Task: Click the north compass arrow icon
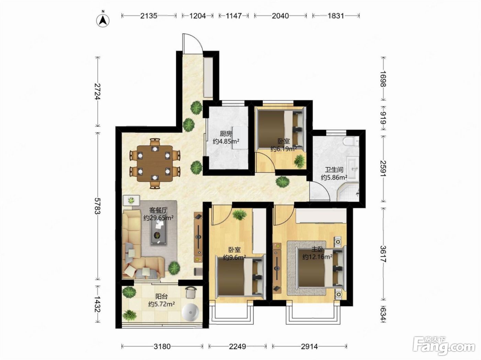pos(103,20)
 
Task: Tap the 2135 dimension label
pos(148,16)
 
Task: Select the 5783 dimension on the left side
pos(98,206)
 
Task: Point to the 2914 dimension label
pos(310,346)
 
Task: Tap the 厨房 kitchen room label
pos(226,133)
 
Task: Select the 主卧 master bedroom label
pos(317,249)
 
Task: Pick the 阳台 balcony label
pos(161,297)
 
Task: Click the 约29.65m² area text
pos(158,218)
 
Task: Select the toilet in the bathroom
pos(351,141)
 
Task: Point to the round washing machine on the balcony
pos(190,313)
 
